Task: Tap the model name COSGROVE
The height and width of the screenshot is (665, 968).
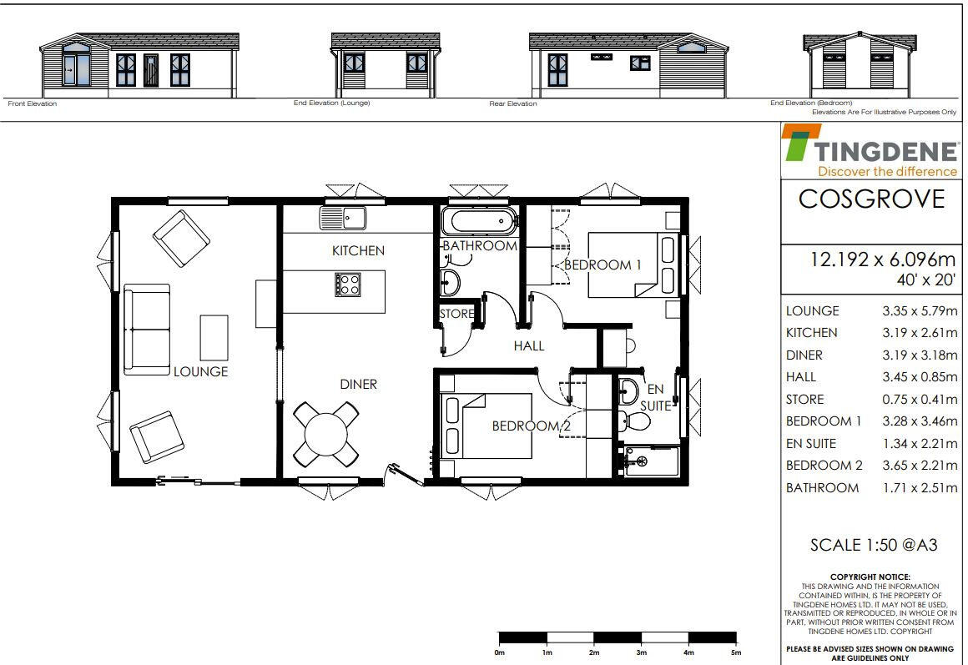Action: pyautogui.click(x=871, y=199)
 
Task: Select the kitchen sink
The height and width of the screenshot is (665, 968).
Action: pyautogui.click(x=342, y=218)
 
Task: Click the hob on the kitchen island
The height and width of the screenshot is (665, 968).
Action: pyautogui.click(x=347, y=285)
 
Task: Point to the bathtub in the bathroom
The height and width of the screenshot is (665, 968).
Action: pyautogui.click(x=478, y=223)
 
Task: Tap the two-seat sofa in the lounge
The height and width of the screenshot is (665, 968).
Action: pyautogui.click(x=147, y=329)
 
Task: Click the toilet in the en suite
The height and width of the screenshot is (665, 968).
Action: pyautogui.click(x=637, y=421)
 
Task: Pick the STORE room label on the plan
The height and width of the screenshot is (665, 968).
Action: pyautogui.click(x=456, y=314)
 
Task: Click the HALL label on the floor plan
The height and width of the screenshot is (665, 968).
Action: pyautogui.click(x=529, y=345)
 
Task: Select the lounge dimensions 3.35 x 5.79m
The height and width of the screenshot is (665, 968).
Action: pyautogui.click(x=919, y=311)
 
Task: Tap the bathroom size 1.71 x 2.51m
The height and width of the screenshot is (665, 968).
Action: pyautogui.click(x=919, y=488)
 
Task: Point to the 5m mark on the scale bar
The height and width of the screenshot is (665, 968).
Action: pyautogui.click(x=735, y=652)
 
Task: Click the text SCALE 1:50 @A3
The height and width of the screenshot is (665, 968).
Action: pyautogui.click(x=873, y=546)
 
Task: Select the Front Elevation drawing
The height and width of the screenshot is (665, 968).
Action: pyautogui.click(x=139, y=66)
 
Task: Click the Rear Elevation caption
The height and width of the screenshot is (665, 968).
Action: pyautogui.click(x=512, y=104)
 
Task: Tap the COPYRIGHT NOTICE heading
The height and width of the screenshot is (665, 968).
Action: pyautogui.click(x=870, y=577)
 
